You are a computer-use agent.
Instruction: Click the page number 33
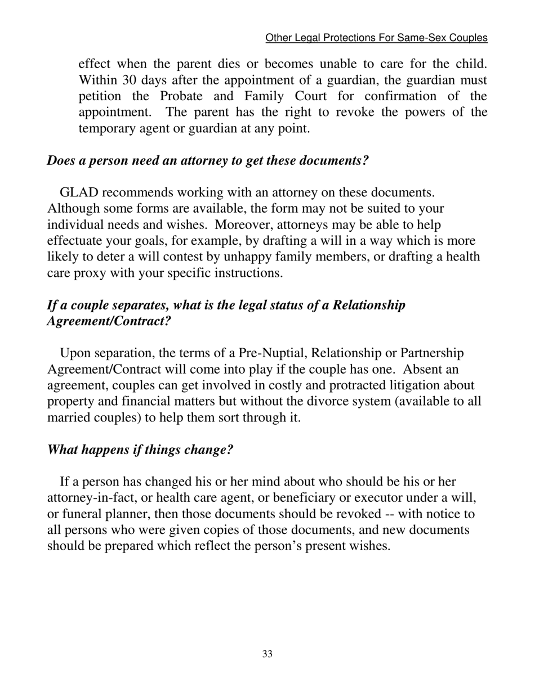tap(267, 654)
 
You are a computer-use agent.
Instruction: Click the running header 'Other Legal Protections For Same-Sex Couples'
tap(376, 38)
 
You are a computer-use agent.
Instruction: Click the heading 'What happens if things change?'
tap(140, 450)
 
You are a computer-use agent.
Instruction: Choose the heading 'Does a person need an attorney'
tap(207, 160)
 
